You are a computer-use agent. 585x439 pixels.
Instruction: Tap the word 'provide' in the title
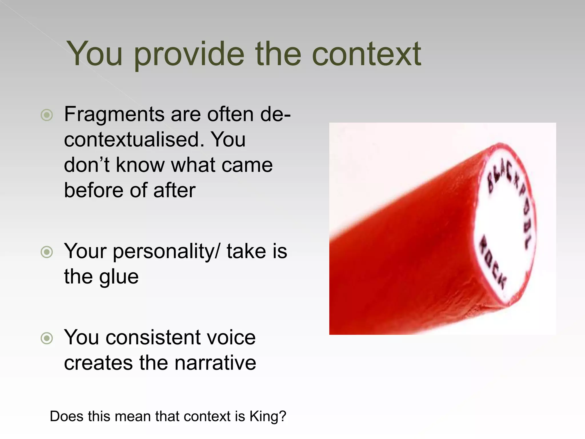pos(189,54)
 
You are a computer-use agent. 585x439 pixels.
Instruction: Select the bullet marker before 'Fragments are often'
pos(47,115)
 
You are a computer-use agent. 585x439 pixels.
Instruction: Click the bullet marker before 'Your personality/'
pos(47,252)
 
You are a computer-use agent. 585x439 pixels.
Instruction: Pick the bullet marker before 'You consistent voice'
pos(47,338)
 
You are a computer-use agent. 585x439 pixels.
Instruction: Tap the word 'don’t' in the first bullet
pos(87,165)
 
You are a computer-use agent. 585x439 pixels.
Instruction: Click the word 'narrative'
pos(215,363)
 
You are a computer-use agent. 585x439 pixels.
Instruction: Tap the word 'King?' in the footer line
pos(268,416)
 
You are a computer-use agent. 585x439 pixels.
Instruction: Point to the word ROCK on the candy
pos(492,262)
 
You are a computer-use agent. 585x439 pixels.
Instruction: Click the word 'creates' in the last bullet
pos(98,363)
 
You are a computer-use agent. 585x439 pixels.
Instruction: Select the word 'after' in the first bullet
pos(174,191)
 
